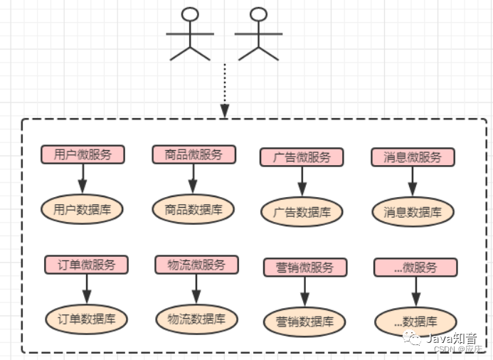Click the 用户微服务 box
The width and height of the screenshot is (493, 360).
pyautogui.click(x=83, y=154)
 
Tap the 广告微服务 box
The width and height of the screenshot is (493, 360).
pyautogui.click(x=302, y=157)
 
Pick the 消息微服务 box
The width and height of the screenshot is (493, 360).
pyautogui.click(x=413, y=157)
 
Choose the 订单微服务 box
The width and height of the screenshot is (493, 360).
pyautogui.click(x=87, y=265)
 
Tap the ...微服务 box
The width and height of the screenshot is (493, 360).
pyautogui.click(x=415, y=268)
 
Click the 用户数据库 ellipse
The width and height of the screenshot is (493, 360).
pyautogui.click(x=83, y=209)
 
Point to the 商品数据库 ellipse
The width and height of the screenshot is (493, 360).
pyautogui.click(x=194, y=209)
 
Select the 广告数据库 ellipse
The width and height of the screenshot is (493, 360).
pyautogui.click(x=302, y=212)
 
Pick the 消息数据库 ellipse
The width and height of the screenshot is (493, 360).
pyautogui.click(x=413, y=212)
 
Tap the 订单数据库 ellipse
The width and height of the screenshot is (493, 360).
pyautogui.click(x=87, y=319)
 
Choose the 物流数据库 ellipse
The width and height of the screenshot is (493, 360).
pyautogui.click(x=196, y=319)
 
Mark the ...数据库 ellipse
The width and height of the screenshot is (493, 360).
pyautogui.click(x=415, y=322)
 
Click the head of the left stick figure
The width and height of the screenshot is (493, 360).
pyautogui.click(x=189, y=14)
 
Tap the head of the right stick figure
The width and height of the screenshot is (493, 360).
pyautogui.click(x=259, y=14)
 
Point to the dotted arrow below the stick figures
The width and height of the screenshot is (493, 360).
pyautogui.click(x=225, y=89)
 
